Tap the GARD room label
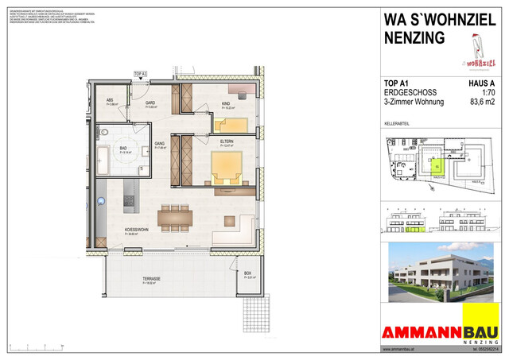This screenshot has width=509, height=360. point(149,103)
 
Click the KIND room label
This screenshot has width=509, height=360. point(226,103)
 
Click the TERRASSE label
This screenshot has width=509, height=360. point(151,279)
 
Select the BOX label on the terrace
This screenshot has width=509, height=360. point(248,274)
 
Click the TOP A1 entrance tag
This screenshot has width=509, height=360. point(141,74)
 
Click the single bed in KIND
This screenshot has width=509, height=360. point(231,124)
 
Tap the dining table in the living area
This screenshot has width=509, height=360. point(175,216)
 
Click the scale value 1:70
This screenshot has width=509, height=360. point(478,92)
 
